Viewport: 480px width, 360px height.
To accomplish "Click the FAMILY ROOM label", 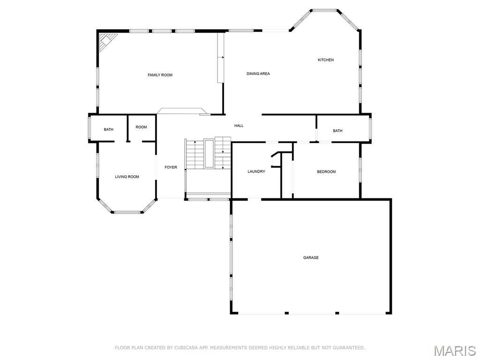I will coord(160,75).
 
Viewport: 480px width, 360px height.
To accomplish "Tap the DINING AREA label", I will coord(258,74).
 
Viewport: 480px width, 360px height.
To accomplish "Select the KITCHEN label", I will coord(326,60).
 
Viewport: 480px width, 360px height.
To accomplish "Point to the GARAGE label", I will coord(311,257).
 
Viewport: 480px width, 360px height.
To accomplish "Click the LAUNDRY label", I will coord(256,172).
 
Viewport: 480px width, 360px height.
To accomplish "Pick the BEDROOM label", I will coord(326,172).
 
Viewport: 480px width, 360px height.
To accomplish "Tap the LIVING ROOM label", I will coord(127,177).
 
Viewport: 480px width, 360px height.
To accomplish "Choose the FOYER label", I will coord(171,167).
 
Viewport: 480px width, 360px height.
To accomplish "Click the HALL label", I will coord(239,126).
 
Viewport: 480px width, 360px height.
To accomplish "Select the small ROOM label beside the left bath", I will coord(141,127).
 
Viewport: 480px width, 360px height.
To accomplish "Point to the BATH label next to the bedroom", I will coord(337,131).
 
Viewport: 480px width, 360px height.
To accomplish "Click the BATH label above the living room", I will coord(109,129).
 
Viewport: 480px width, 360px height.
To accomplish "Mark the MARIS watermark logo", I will coord(455,351).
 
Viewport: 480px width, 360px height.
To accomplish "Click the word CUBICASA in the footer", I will coord(185,348).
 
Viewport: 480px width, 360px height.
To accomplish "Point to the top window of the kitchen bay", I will coord(325,10).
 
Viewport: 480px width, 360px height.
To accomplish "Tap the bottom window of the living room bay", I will coord(127,212).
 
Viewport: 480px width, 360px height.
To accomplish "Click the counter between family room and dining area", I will coord(220,57).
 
